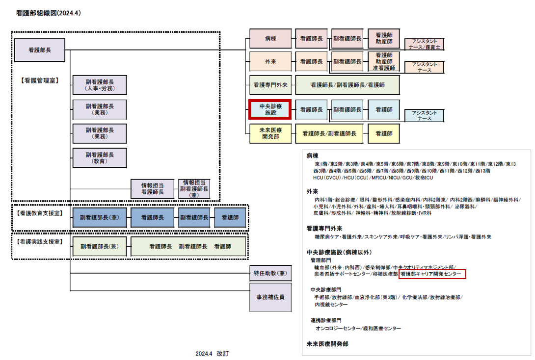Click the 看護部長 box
pyautogui.click(x=40, y=50)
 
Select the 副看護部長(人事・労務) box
pyautogui.click(x=100, y=85)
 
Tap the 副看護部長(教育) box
pyautogui.click(x=100, y=157)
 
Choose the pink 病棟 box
pyautogui.click(x=270, y=38)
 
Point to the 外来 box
pyautogui.click(x=270, y=61)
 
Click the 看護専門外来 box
pyautogui.click(x=270, y=85)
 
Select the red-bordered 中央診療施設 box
pyautogui.click(x=270, y=109)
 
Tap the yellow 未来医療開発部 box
pyautogui.click(x=270, y=133)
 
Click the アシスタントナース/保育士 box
pyautogui.click(x=424, y=45)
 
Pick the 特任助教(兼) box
pyautogui.click(x=270, y=273)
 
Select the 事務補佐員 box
pyautogui.click(x=270, y=297)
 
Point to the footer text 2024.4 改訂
pyautogui.click(x=212, y=353)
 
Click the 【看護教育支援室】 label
pyautogui.click(x=40, y=214)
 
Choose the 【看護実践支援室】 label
pyautogui.click(x=40, y=242)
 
